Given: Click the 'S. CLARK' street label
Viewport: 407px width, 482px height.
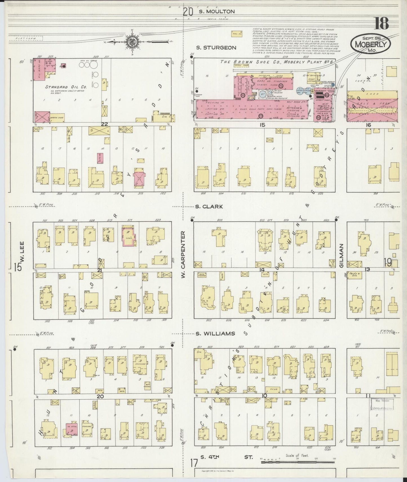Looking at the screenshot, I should [x=209, y=206].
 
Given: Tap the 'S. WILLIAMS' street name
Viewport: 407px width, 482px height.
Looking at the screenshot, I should [x=215, y=334].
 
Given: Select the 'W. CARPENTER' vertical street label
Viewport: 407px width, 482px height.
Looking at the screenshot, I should [x=183, y=255].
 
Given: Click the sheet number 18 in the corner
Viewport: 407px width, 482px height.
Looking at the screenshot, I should [x=382, y=24].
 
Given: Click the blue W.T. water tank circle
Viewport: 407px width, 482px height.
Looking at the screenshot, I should [x=262, y=94].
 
